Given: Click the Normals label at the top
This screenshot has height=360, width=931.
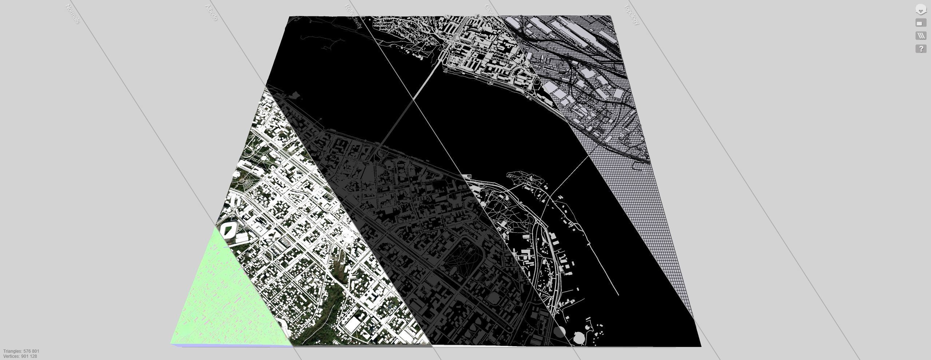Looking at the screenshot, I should coord(72,14).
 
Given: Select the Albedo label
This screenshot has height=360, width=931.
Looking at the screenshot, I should coord(211,13).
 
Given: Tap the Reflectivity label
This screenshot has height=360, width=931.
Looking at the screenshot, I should coord(354,17).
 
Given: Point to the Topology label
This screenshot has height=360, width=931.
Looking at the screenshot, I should coord(632,15).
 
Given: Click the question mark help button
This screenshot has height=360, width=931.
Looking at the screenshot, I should coord(921,48).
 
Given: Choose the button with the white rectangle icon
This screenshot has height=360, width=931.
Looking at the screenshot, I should coord(921,23).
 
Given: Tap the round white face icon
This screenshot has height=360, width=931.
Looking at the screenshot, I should coord(921,10).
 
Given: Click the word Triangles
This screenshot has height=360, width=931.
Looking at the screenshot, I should coord(13,351).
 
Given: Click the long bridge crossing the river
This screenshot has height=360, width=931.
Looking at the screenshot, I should coord(407,109).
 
